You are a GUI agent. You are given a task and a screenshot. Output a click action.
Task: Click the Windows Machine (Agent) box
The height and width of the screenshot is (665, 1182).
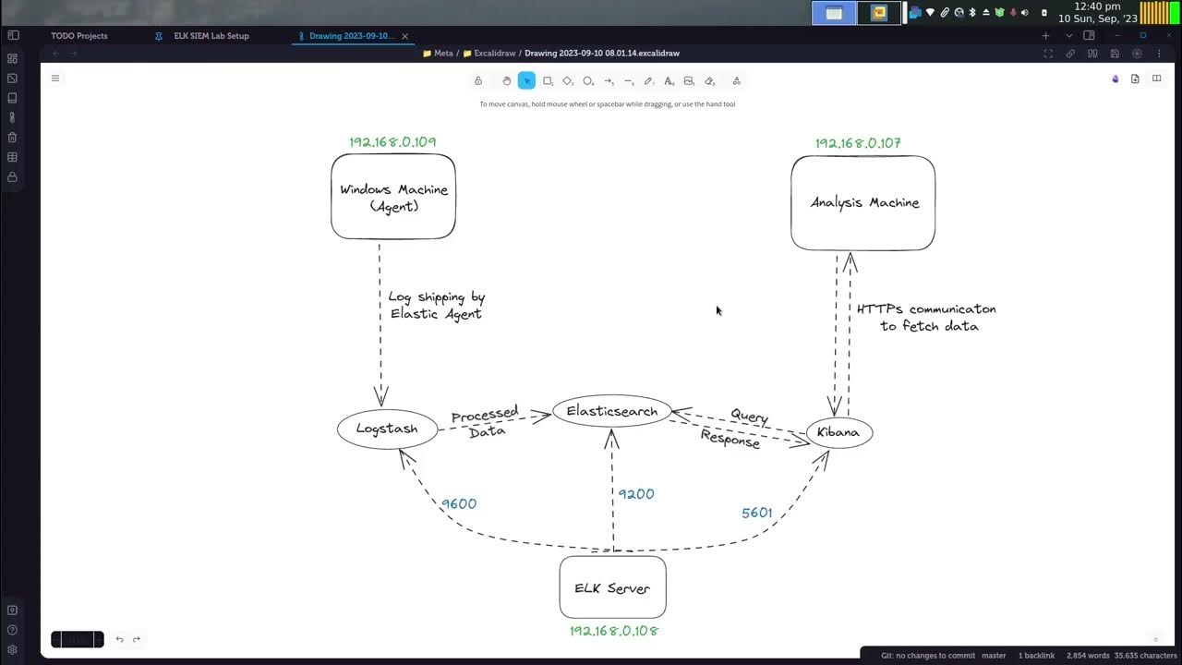393,197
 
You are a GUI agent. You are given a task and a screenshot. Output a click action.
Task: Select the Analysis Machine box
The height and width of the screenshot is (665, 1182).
863,203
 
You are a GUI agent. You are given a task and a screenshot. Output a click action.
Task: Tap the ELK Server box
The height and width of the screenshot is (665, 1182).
612,588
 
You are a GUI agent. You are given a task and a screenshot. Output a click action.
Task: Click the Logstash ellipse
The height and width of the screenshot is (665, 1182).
387,429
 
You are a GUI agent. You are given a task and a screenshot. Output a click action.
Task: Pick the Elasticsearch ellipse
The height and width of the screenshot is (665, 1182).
611,412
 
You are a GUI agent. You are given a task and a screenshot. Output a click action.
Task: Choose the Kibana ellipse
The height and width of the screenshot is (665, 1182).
838,432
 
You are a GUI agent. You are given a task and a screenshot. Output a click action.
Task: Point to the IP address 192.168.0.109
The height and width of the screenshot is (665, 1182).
392,142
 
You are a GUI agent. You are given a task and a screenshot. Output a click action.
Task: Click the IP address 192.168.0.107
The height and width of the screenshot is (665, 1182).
858,143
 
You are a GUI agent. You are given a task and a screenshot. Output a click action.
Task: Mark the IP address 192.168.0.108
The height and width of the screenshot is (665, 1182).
614,631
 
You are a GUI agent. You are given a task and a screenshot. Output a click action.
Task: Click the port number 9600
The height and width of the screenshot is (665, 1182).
459,504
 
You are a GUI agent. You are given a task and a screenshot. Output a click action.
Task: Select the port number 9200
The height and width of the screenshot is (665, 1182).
636,494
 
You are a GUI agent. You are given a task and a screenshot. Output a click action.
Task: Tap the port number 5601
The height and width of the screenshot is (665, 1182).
757,513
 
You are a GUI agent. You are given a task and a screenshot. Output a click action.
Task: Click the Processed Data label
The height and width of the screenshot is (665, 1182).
486,423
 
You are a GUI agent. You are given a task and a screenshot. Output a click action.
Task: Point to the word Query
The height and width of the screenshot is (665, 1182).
749,417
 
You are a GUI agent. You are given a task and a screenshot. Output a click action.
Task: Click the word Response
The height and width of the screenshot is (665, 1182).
730,440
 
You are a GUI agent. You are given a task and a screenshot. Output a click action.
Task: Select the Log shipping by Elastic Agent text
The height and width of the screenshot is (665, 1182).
436,306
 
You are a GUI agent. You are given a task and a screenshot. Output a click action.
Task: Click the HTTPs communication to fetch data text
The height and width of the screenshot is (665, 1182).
927,318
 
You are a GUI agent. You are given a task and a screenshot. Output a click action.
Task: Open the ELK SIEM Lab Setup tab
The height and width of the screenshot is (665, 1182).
211,36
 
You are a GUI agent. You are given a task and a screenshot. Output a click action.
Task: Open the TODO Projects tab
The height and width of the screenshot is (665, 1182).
79,36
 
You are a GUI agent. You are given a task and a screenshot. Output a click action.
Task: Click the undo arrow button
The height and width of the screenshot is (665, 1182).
119,639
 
